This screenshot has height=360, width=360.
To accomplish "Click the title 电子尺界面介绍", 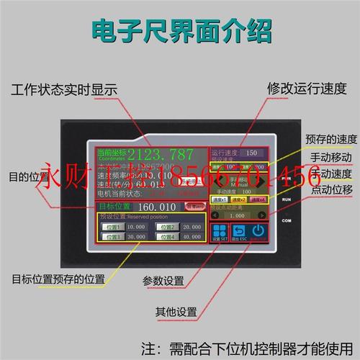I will (180, 30).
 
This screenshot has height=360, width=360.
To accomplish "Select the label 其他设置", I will (176, 312).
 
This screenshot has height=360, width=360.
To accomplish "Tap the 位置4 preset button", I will (167, 236).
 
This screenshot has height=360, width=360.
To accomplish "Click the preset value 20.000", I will (191, 226).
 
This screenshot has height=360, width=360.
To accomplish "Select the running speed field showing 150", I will (251, 153).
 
